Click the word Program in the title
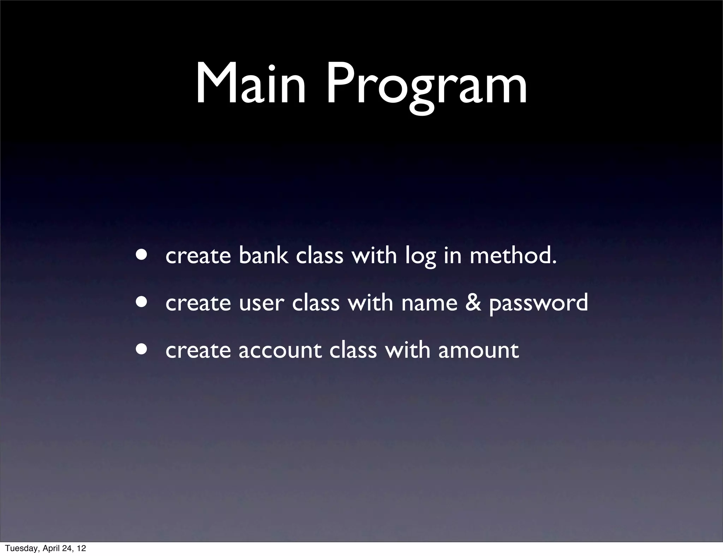tap(426, 86)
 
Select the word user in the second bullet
tap(261, 303)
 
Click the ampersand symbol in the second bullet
tap(473, 302)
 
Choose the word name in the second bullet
tap(429, 303)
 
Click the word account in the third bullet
tap(280, 351)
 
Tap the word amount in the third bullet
tap(478, 351)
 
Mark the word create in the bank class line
tap(198, 255)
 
